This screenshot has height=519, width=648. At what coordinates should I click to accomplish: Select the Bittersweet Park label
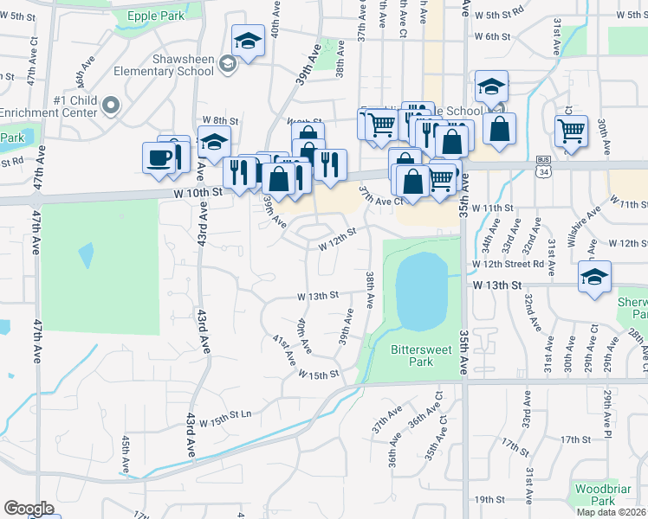click(x=411, y=356)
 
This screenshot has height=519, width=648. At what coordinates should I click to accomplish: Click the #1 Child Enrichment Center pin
click(x=111, y=106)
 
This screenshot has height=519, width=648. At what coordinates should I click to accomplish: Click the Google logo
click(x=29, y=509)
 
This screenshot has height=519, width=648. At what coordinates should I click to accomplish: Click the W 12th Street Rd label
click(x=508, y=264)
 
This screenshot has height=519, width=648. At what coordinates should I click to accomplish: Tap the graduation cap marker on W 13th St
click(x=594, y=278)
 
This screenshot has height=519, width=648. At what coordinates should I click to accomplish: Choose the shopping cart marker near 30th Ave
click(x=571, y=131)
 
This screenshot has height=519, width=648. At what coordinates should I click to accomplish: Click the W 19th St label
click(x=489, y=499)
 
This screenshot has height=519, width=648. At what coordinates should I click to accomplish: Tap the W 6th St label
click(x=491, y=36)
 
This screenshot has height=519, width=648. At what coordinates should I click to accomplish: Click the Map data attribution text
click(x=612, y=512)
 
